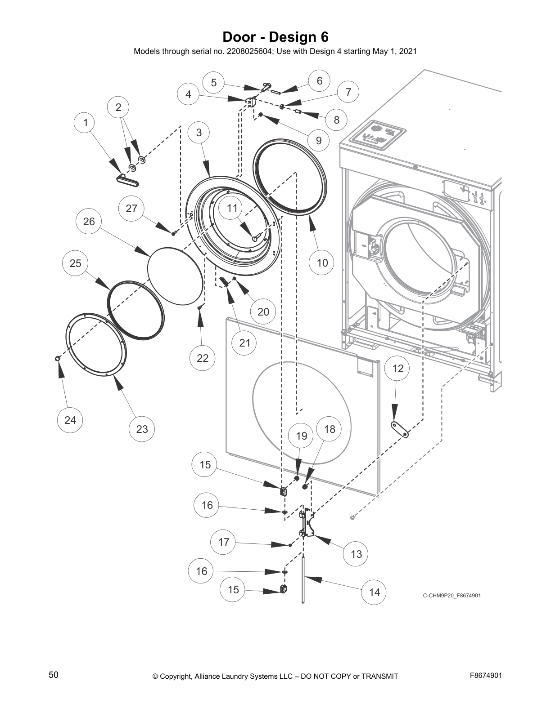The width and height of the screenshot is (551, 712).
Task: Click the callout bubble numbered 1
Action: [86, 123]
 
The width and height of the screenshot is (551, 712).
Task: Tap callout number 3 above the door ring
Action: [199, 132]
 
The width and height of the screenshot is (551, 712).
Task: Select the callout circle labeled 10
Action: [322, 263]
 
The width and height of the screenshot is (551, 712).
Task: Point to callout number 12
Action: [398, 369]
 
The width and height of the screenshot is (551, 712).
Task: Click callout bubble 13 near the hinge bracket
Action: [356, 554]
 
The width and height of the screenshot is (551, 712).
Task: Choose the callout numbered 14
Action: [375, 592]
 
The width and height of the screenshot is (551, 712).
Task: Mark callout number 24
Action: [70, 420]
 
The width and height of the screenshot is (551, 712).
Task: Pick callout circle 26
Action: [89, 221]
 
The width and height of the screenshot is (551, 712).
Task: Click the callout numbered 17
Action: [224, 542]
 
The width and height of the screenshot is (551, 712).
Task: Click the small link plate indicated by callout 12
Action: [399, 429]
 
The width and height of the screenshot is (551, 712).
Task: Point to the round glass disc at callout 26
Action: [175, 276]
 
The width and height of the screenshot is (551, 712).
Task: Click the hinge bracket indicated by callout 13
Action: [307, 524]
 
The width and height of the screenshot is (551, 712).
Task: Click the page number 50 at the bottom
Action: [54, 675]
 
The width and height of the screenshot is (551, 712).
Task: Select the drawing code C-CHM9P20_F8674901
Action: [452, 596]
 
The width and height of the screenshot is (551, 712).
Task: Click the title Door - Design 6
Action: [275, 37]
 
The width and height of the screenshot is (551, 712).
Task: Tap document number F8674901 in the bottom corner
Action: [486, 675]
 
